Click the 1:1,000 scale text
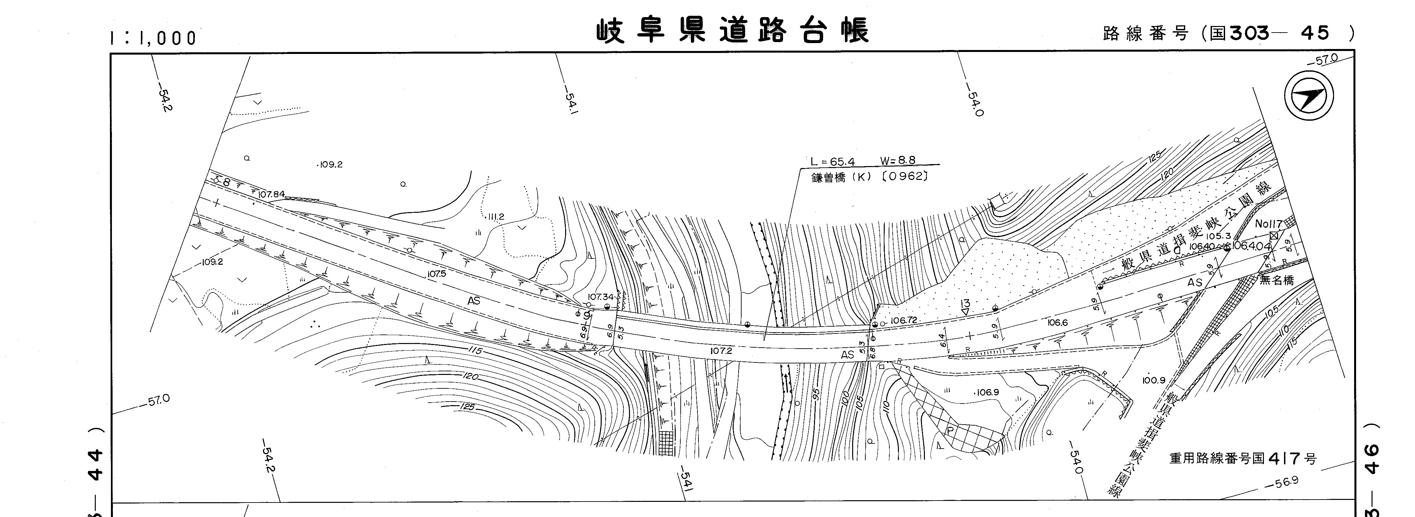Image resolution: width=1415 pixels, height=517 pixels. pos(153,38)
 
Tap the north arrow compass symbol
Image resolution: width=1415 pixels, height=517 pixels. pos(1308,97)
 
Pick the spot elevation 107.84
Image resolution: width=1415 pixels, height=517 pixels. pos(271,194)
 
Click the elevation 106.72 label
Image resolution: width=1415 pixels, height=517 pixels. pos(904,320)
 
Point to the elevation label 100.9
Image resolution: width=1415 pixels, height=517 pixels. pos(1154,380)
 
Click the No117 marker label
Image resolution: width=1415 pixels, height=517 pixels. pos(1268,224)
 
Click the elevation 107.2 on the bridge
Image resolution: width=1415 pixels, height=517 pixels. pos(721,350)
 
